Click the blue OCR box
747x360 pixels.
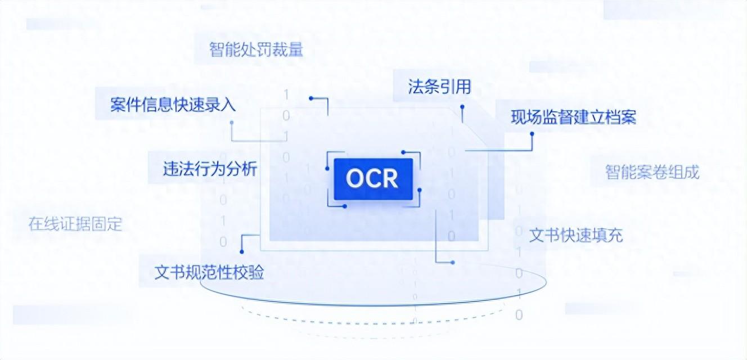(x=373, y=179)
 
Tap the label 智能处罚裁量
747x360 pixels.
(x=256, y=49)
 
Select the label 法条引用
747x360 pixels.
(x=439, y=87)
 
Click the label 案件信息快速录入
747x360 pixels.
(x=173, y=105)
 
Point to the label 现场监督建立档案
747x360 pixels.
(x=574, y=117)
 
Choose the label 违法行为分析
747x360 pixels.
(x=210, y=169)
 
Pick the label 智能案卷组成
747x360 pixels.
(x=652, y=172)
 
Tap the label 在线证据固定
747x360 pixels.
(x=75, y=224)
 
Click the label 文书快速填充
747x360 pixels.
(x=576, y=235)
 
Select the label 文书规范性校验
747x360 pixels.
(x=209, y=272)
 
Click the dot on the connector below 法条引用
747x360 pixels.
(x=462, y=107)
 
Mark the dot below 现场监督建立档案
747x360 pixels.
(x=532, y=134)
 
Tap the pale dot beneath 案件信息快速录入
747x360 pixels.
(x=232, y=123)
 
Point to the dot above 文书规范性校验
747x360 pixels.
(x=242, y=251)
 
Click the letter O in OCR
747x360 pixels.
(x=354, y=179)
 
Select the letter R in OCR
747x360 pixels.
(x=390, y=179)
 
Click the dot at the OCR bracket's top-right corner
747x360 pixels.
(x=403, y=152)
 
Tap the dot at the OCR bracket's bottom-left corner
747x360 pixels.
(x=344, y=206)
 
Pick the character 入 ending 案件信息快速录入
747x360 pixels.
(x=228, y=105)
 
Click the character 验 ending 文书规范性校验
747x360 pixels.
(x=256, y=272)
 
